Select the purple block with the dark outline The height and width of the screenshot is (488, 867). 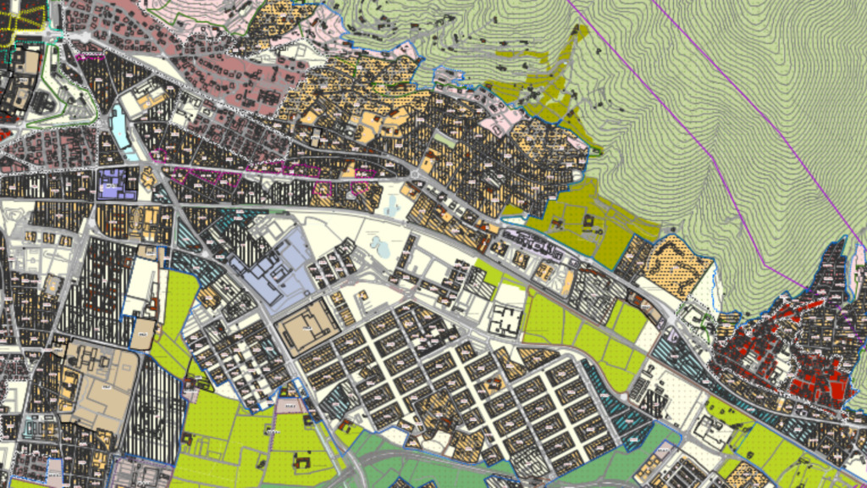pos(116,183)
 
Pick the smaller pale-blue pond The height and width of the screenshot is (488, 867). pos(393,203)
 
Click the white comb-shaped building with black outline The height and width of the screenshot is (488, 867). pos(508,321)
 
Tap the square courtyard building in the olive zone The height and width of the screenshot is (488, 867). pos(589,225)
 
